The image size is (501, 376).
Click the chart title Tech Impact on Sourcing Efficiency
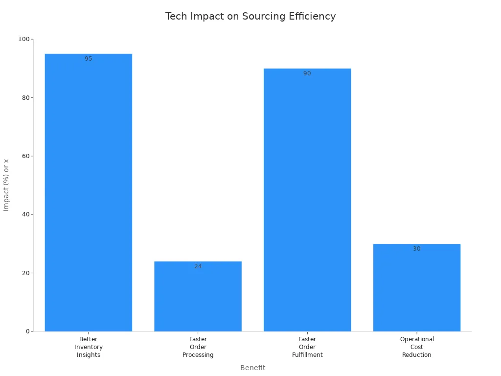coord(250,16)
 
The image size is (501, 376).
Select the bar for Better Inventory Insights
coord(89,196)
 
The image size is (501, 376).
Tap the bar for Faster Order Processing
coord(198,299)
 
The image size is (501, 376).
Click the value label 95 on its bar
coord(89,59)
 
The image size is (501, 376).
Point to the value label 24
coord(198,266)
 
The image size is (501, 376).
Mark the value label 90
coord(307,73)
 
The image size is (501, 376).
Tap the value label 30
coord(417,249)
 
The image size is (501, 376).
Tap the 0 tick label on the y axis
coord(27,331)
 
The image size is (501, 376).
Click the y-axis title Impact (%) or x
coord(6,185)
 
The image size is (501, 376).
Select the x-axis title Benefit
coord(252,368)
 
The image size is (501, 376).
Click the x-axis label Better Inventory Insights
coord(89,347)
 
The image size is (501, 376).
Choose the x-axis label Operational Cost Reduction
coord(417,347)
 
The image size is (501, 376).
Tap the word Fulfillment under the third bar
coord(307,355)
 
